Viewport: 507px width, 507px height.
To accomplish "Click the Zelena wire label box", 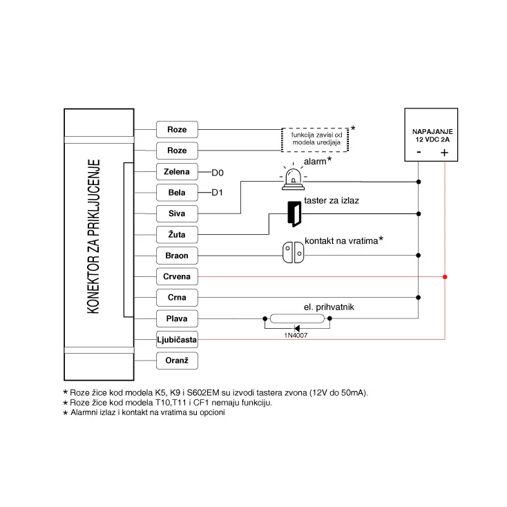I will click(x=178, y=171).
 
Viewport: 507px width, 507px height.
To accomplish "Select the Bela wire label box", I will click(x=178, y=192).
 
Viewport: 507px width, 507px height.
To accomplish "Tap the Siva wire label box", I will click(x=178, y=213).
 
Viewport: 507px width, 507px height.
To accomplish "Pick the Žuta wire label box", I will click(x=178, y=234).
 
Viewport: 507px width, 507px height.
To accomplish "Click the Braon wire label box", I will click(x=178, y=256).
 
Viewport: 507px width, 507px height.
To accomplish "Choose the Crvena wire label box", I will click(x=178, y=276).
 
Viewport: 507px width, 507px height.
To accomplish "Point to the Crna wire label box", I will click(x=178, y=298).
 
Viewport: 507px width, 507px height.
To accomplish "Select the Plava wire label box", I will click(x=178, y=318).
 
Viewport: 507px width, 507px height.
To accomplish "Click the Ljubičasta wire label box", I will click(x=178, y=340).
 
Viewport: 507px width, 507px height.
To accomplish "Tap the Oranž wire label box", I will click(x=178, y=361).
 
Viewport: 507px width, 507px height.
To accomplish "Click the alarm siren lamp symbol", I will click(x=293, y=178).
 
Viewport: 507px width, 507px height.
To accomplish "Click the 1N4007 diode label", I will click(x=297, y=335).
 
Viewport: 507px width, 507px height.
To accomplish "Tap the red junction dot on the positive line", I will click(x=445, y=277).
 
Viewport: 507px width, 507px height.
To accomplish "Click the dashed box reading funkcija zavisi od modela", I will click(x=315, y=139).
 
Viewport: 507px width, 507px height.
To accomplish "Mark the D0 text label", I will click(x=218, y=172).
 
